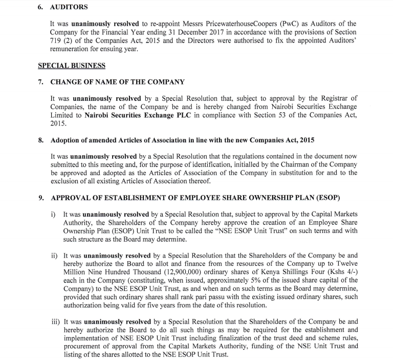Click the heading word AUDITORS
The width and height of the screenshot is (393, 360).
pyautogui.click(x=69, y=8)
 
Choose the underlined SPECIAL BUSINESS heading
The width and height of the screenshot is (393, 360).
pyautogui.click(x=72, y=66)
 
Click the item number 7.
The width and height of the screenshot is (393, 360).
pyautogui.click(x=41, y=82)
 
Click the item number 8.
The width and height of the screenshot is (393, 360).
pyautogui.click(x=41, y=140)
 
